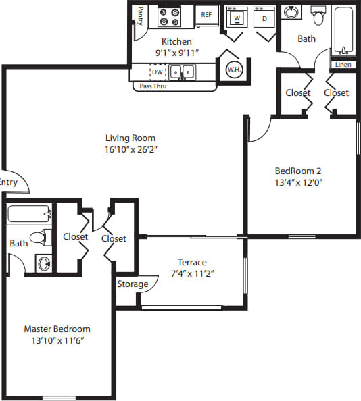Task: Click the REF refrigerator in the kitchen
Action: (x=206, y=15)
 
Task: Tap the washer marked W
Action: (x=236, y=18)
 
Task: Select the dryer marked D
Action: (x=264, y=18)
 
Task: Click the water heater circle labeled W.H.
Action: (x=234, y=70)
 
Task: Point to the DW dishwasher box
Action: (x=157, y=71)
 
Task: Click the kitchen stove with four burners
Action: (x=168, y=16)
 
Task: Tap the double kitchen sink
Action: (x=182, y=71)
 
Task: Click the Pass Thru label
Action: (x=153, y=86)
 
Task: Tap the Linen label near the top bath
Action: (x=341, y=65)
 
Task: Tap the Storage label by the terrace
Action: (x=133, y=284)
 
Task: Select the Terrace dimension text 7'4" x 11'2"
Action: (x=192, y=273)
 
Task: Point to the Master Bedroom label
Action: (x=57, y=329)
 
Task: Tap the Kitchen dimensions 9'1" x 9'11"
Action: (x=176, y=53)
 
